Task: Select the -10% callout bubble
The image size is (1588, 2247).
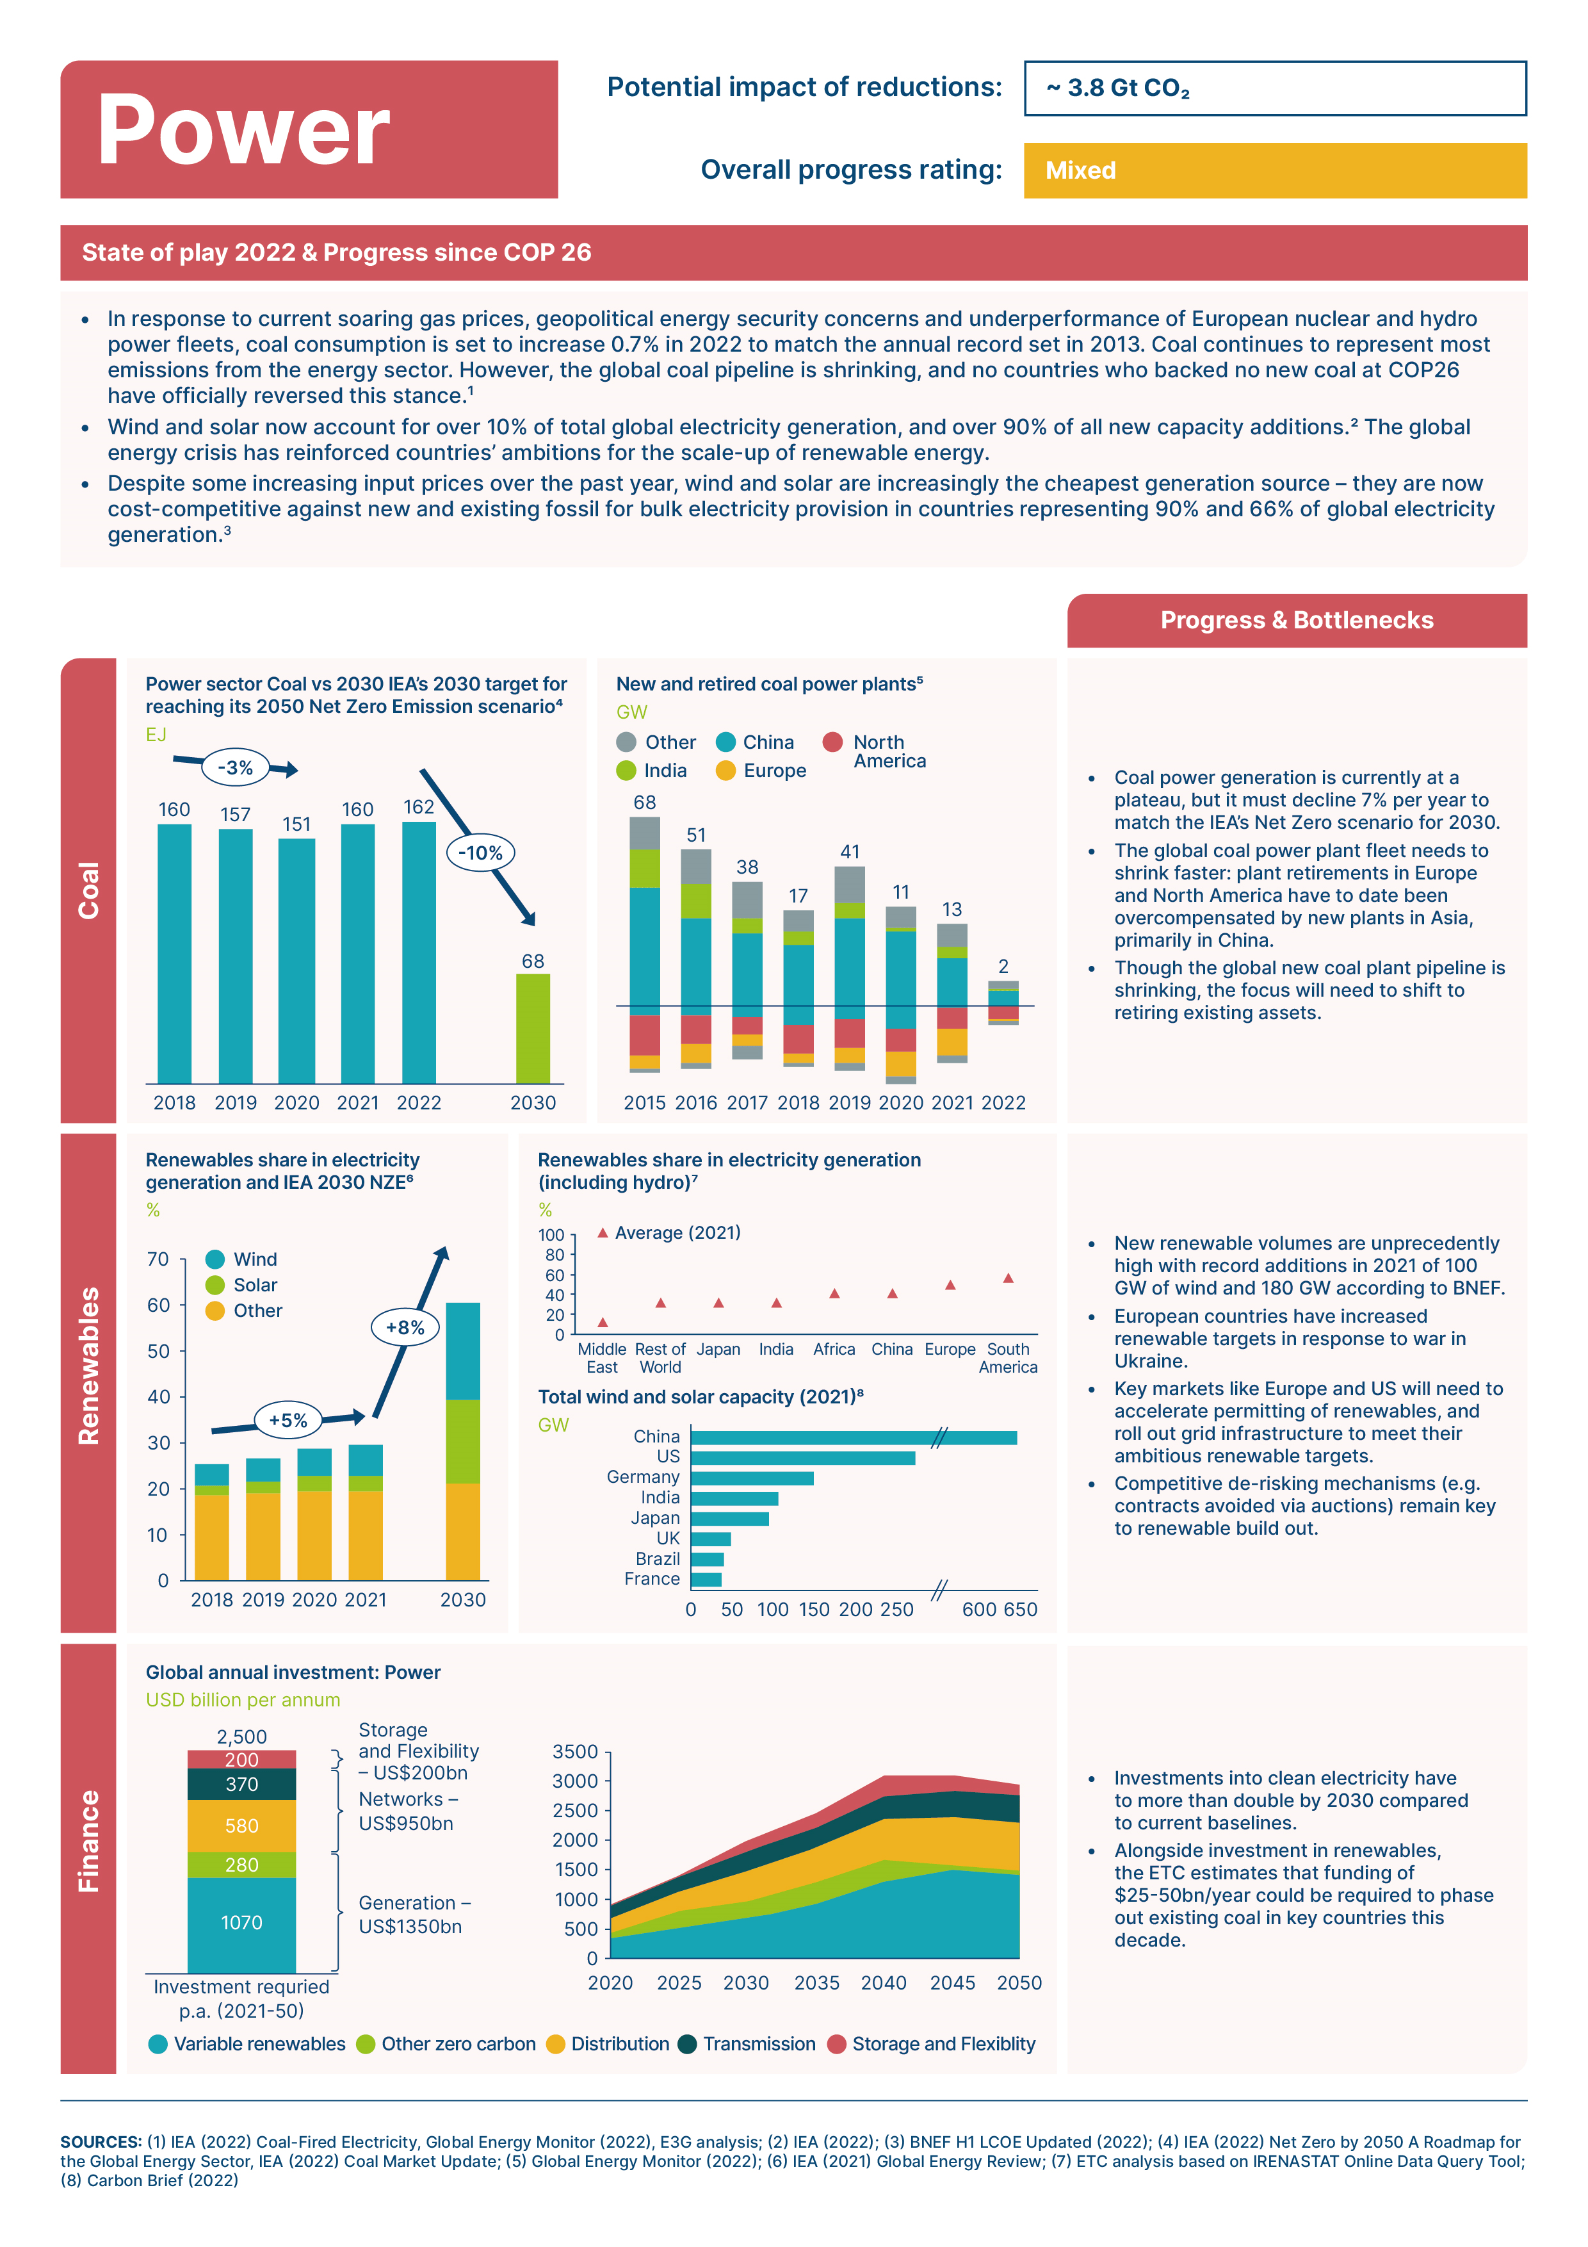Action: tap(480, 853)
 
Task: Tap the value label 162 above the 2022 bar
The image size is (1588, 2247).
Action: tap(419, 807)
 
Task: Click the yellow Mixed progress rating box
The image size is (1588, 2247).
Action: tap(1275, 170)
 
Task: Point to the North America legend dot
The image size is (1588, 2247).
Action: tap(832, 742)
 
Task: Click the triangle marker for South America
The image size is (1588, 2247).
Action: tap(1008, 1278)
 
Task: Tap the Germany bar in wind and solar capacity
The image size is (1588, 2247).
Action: tap(752, 1478)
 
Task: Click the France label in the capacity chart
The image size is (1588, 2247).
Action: tap(652, 1578)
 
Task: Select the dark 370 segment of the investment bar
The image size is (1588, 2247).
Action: tap(241, 1784)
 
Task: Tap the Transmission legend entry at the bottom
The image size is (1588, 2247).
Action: tap(747, 2043)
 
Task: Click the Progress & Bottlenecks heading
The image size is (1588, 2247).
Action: tap(1297, 621)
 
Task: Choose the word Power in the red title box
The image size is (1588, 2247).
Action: tap(243, 129)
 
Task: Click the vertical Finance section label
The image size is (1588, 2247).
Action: tap(88, 1841)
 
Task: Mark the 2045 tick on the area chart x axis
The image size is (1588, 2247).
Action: tap(952, 1982)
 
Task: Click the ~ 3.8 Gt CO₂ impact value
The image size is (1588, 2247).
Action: tap(1117, 88)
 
